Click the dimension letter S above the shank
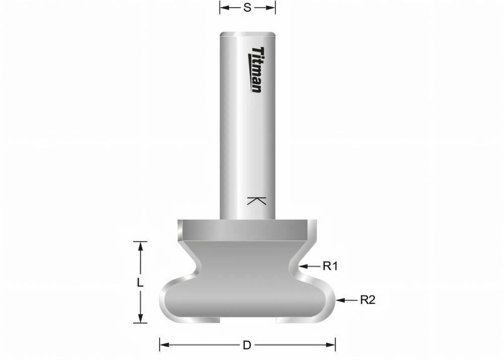click(247, 8)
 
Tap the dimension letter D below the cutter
click(247, 345)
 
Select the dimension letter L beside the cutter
click(140, 283)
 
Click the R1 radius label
click(330, 266)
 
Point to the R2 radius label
click(367, 300)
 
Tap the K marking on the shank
click(257, 200)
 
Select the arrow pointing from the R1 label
click(309, 266)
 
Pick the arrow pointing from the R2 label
click(347, 300)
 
